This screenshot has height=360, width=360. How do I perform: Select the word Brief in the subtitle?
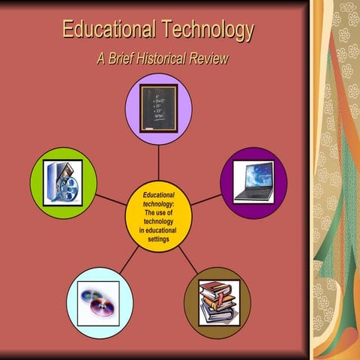118,58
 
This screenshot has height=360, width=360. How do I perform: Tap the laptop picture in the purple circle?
253,182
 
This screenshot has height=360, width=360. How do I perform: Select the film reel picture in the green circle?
63,182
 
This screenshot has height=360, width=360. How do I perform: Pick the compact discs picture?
99,300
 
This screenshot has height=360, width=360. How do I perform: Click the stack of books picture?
217,301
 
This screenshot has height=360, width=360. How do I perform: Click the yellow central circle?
158,217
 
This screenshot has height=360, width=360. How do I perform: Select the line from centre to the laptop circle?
205,200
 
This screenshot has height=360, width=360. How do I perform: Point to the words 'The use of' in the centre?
158,213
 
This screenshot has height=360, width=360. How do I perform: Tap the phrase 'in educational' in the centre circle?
158,231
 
